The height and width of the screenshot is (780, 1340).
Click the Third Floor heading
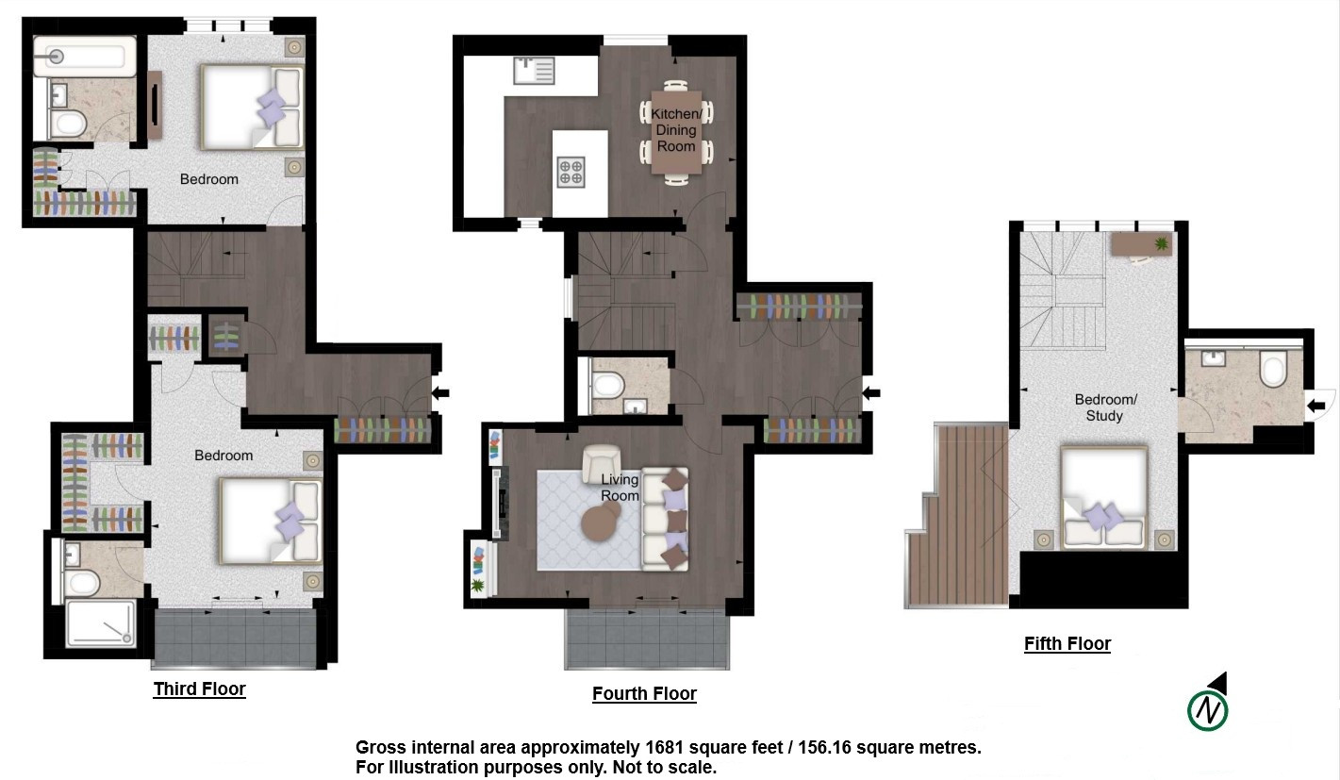pos(199,689)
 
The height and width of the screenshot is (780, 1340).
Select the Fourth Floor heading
pos(644,694)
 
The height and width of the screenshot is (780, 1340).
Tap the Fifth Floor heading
pos(1067,643)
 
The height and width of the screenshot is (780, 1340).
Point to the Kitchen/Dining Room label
pos(676,130)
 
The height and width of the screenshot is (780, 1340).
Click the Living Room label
pos(620,488)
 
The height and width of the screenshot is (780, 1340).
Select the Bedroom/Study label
pos(1105,407)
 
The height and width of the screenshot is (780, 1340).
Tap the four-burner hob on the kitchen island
pos(571,173)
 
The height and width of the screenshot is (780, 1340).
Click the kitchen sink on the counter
pos(534,70)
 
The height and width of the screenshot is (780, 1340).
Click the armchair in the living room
pos(602,461)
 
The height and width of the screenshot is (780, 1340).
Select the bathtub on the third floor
pos(84,57)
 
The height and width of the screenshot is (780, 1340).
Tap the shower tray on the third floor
pos(101,623)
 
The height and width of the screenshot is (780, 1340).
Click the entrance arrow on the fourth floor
pos(871,393)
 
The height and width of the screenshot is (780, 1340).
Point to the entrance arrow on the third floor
pos(440,393)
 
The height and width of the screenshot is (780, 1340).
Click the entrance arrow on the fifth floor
pos(1316,407)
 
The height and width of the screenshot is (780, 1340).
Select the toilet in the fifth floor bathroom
pos(1273,369)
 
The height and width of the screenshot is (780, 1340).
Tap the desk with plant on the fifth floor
pos(1141,244)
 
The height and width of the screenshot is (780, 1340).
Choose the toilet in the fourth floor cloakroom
pos(607,385)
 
